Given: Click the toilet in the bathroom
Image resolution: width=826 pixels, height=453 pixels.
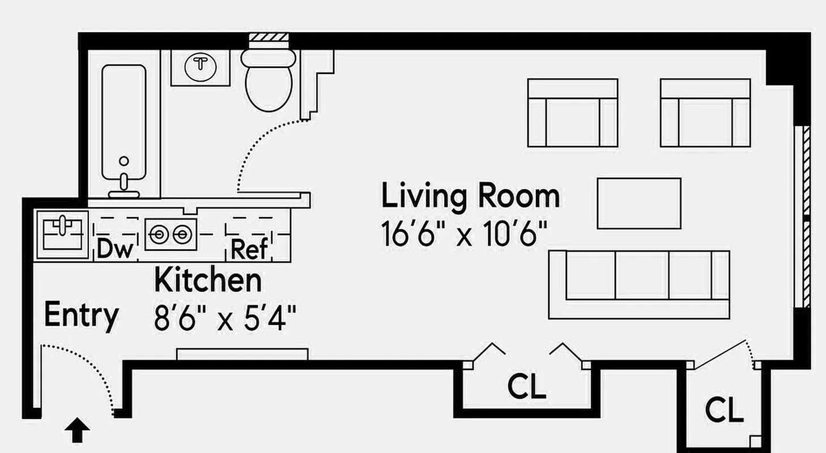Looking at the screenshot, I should [x=269, y=82].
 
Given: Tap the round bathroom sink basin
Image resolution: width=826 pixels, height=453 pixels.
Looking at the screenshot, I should [x=200, y=65].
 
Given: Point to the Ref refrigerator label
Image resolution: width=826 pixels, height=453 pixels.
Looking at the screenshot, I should [x=250, y=249].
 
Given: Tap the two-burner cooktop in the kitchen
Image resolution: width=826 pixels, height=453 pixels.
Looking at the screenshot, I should [x=171, y=234].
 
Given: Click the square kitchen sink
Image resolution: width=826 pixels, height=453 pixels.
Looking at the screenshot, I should [x=62, y=234].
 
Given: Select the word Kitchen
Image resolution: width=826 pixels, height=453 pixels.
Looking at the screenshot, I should [x=208, y=280].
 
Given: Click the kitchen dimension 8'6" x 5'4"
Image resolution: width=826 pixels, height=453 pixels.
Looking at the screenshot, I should [x=225, y=319].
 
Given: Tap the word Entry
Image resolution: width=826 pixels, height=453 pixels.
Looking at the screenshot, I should [x=82, y=315].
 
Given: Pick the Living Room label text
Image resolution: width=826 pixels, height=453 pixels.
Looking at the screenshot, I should [x=470, y=196].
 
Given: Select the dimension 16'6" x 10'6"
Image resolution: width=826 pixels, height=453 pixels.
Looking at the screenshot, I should [x=465, y=233].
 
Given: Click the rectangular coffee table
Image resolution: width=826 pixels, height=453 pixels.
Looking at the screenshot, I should [x=639, y=203].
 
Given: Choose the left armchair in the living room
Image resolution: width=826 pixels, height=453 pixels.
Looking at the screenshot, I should [x=572, y=113].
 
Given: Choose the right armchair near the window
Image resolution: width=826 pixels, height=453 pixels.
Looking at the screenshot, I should [x=705, y=113].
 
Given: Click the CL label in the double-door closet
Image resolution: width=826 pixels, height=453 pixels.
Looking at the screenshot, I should [x=527, y=387].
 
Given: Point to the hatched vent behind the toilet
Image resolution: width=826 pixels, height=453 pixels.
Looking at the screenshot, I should [x=269, y=37].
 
